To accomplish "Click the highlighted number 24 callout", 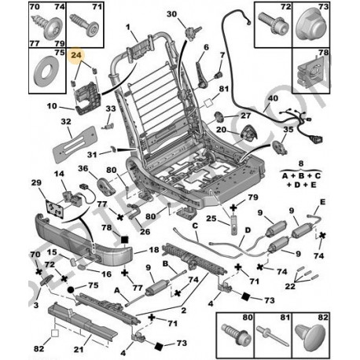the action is (x=76, y=55).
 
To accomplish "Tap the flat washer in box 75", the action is (x=46, y=71).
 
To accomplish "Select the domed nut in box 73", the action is (x=310, y=25).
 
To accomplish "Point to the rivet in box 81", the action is (x=272, y=336).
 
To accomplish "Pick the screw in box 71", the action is (x=85, y=24).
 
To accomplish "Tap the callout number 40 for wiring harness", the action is (x=273, y=98).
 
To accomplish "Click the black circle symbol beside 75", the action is (x=71, y=289).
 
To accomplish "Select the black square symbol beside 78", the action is (x=124, y=240).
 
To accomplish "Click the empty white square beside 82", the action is (x=55, y=333).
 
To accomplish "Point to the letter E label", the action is (x=322, y=202).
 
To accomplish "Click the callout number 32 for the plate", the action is (x=66, y=122).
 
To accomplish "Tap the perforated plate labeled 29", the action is (x=55, y=209).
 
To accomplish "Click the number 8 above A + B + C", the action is (x=301, y=163).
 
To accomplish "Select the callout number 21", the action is (x=79, y=349).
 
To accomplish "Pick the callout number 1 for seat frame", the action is (x=128, y=27).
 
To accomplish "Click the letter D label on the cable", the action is (x=248, y=230).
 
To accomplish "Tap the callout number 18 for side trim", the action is (x=153, y=250).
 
